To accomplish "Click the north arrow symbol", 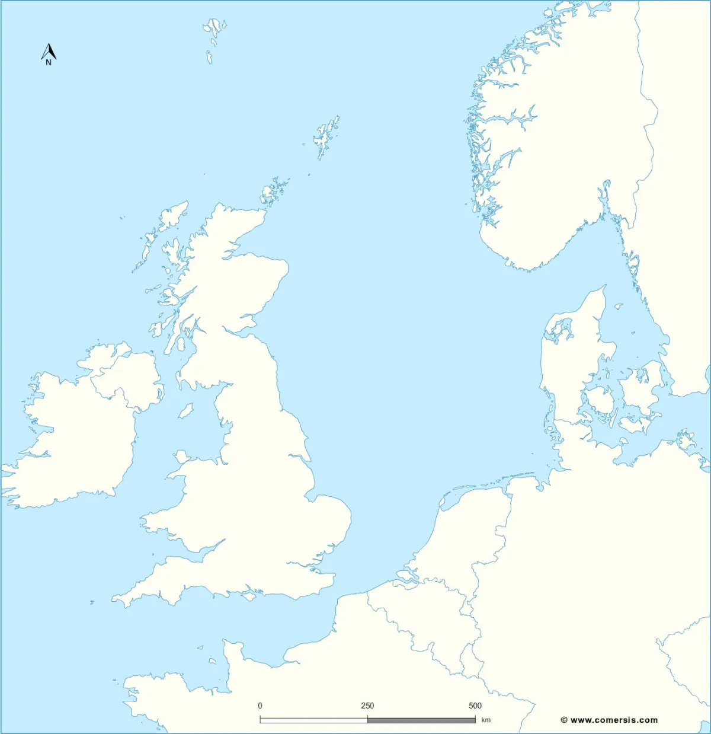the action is [49, 52].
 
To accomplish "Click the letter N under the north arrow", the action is [49, 62].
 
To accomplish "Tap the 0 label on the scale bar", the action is [260, 706].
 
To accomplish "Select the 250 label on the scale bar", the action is [367, 706].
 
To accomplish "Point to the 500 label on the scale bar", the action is [475, 706].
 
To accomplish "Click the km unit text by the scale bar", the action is [486, 720].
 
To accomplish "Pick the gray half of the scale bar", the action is [421, 720].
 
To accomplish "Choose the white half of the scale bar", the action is [313, 720].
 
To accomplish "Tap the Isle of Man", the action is [186, 410].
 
